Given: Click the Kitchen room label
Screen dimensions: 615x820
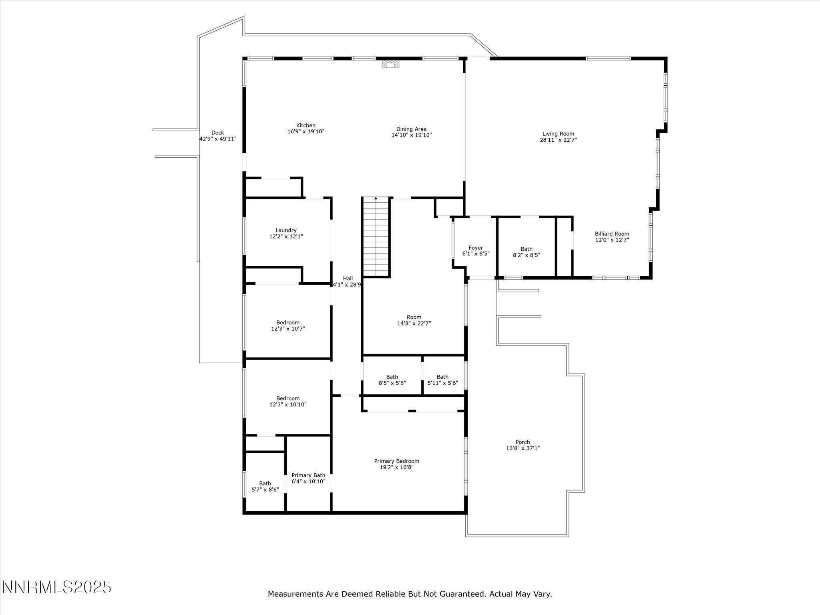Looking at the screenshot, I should [305, 125].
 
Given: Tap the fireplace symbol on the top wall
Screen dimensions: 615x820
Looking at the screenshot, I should [390, 64].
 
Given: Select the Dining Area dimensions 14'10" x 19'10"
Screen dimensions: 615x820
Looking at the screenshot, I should [411, 135].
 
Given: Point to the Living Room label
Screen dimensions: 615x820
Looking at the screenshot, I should [558, 134].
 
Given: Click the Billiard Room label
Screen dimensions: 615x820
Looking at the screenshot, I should [611, 234].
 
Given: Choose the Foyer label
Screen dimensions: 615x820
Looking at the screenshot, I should [476, 248].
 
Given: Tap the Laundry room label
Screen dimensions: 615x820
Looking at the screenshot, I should [286, 230].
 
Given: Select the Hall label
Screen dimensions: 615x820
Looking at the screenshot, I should [348, 279].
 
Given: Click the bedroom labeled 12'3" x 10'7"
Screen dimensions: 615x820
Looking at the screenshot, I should [287, 326].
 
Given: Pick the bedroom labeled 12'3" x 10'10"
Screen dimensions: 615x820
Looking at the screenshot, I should [287, 401].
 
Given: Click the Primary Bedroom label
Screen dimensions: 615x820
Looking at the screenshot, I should [396, 461].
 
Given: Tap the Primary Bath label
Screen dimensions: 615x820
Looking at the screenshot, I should [308, 475].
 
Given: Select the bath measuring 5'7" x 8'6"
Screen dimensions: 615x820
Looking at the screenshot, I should [265, 486].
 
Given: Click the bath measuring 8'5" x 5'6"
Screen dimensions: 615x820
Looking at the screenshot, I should [392, 380].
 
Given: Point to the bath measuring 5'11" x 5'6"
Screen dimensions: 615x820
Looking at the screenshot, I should [442, 380].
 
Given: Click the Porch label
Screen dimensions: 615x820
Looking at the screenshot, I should [523, 442].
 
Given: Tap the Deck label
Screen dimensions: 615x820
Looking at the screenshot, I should [217, 133].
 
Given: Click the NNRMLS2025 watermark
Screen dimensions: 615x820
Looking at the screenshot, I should [56, 587].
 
